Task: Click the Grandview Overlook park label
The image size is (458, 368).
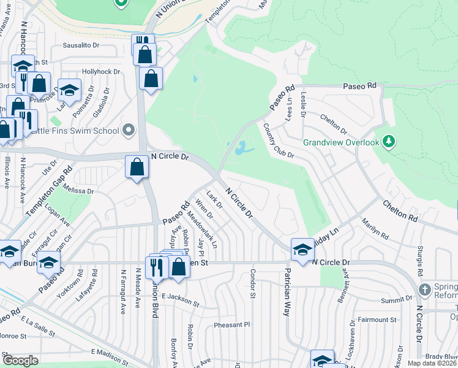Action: pyautogui.click(x=342, y=142)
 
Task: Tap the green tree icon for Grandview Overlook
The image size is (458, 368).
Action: pyautogui.click(x=388, y=142)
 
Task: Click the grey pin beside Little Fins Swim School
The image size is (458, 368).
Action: pyautogui.click(x=129, y=130)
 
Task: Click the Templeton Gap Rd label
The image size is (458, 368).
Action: pyautogui.click(x=50, y=191)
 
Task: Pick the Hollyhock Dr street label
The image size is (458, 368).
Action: pyautogui.click(x=101, y=72)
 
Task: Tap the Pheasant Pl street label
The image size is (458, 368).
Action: pyautogui.click(x=232, y=324)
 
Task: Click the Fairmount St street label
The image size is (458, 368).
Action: pyautogui.click(x=377, y=320)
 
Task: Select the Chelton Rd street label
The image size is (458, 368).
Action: pyautogui.click(x=400, y=210)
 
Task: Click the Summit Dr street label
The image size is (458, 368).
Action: pyautogui.click(x=396, y=299)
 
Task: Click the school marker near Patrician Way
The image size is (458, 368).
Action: pyautogui.click(x=301, y=249)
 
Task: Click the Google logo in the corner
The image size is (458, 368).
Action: pyautogui.click(x=20, y=361)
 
